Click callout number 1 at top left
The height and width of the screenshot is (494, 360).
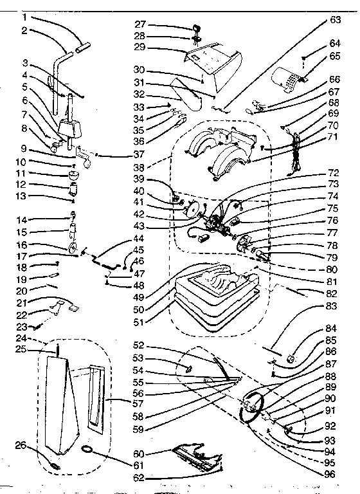[x=24, y=17]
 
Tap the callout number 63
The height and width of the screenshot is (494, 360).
[x=335, y=20]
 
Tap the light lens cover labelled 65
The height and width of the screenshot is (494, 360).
[x=285, y=80]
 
